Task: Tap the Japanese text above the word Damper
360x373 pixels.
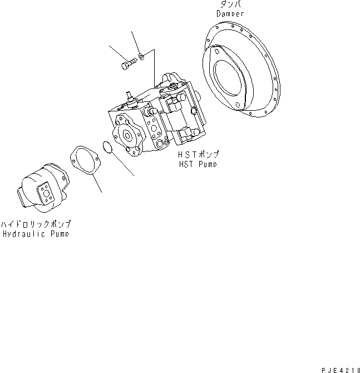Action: tap(230, 5)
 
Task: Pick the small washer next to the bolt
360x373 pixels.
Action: tap(142, 55)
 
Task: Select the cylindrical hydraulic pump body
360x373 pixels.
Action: tap(42, 187)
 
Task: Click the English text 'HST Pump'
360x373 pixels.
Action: tap(196, 164)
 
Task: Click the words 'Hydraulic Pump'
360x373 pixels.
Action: tap(36, 234)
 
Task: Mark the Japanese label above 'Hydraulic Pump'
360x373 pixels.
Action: tap(36, 224)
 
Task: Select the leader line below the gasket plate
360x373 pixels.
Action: tap(98, 184)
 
